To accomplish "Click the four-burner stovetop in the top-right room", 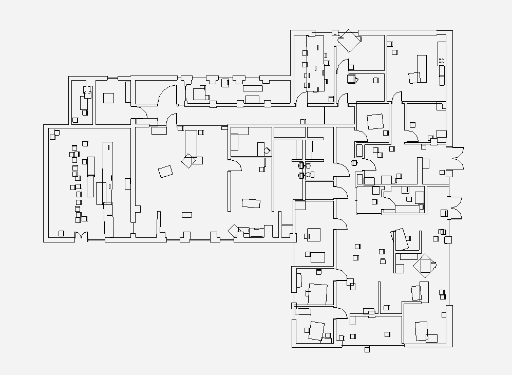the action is pos(441,61).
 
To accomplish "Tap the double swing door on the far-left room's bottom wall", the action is pos(81,237).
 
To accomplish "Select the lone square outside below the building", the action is pos(367,350).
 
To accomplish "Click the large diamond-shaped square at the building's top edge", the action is pos(350,40).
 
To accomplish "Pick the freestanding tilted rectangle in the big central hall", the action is pos(165,171).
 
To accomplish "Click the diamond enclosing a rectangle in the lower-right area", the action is pos(425,265).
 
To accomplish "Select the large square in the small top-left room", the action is pos(108,98).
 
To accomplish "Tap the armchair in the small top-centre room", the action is pos(352,79).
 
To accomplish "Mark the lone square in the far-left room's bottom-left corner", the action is pos(62,233).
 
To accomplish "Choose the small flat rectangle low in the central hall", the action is pos(187,214).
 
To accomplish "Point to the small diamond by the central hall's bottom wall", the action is pos(234,231).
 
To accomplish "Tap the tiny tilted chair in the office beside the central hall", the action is pos(267,150).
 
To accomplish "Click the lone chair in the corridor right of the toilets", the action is pos(354,163).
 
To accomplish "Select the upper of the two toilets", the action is pos(302,165).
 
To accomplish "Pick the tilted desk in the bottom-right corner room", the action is pos(421,331).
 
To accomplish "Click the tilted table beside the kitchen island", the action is pos(414,78).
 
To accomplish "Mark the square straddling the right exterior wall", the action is pos(448,239).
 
